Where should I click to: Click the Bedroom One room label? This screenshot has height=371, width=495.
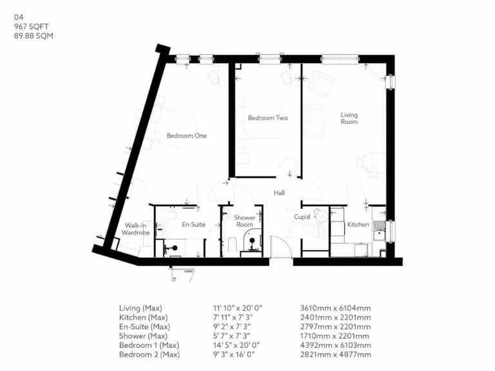pyautogui.click(x=186, y=136)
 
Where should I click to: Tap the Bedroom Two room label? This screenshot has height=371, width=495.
pyautogui.click(x=267, y=118)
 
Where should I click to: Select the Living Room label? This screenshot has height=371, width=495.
pyautogui.click(x=349, y=119)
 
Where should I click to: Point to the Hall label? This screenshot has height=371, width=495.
pyautogui.click(x=278, y=193)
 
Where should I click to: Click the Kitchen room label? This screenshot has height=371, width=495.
pyautogui.click(x=358, y=225)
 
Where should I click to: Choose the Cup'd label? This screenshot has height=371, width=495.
pyautogui.click(x=302, y=218)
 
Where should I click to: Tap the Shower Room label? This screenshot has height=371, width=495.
pyautogui.click(x=244, y=222)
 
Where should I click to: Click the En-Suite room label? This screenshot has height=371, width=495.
pyautogui.click(x=193, y=225)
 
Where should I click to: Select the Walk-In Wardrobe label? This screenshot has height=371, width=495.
pyautogui.click(x=136, y=229)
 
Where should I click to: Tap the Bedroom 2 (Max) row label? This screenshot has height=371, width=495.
pyautogui.click(x=149, y=354)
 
